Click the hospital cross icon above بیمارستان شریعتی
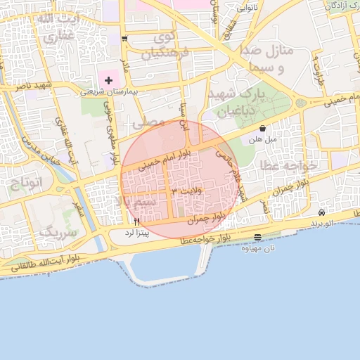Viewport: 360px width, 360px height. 108,81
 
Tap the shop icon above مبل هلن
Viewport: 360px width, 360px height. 263,129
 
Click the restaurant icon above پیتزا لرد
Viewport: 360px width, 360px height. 137,221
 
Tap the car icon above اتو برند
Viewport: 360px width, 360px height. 321,212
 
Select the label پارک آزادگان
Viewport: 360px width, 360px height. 342,5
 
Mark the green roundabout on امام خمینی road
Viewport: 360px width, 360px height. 301,103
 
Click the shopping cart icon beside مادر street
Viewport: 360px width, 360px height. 124,39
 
